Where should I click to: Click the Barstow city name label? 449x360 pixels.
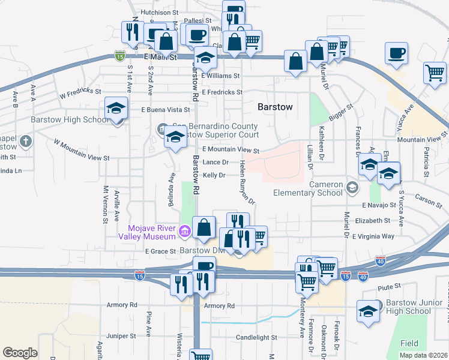pyautogui.click(x=274, y=107)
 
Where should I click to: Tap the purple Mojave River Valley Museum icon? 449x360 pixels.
pyautogui.click(x=185, y=230)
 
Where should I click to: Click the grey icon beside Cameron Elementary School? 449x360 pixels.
pyautogui.click(x=352, y=189)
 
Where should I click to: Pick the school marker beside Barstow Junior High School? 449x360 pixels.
pyautogui.click(x=368, y=311)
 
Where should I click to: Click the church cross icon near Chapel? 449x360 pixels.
pyautogui.click(x=25, y=142)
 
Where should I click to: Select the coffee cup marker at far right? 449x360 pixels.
pyautogui.click(x=396, y=53)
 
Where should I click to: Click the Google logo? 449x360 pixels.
pyautogui.click(x=20, y=353)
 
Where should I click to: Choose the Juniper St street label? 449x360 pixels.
pyautogui.click(x=122, y=335)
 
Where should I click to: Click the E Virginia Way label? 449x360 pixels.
pyautogui.click(x=373, y=236)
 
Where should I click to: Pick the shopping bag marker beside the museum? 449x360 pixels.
pyautogui.click(x=204, y=227)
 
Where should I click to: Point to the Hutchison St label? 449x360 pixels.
pyautogui.click(x=159, y=11)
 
